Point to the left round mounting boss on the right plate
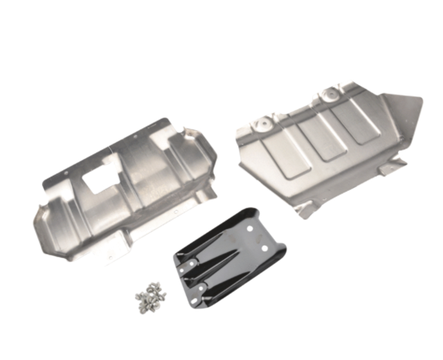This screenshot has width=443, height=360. point(263,122)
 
